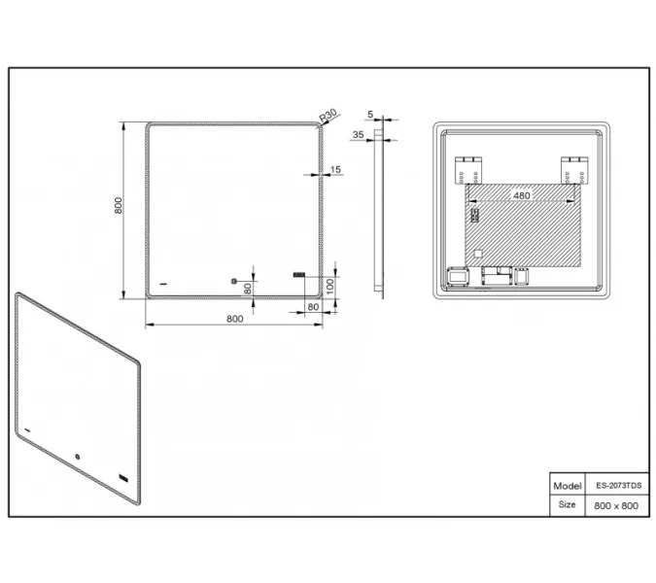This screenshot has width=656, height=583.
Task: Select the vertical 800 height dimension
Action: pos(118,205)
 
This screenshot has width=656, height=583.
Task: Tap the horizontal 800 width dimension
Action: pos(234,318)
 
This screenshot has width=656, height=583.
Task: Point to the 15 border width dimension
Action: pos(336,170)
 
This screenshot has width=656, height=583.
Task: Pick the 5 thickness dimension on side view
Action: pos(371,113)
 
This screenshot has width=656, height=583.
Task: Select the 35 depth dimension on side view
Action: pos(358,135)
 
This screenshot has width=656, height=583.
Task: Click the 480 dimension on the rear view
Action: pos(521,195)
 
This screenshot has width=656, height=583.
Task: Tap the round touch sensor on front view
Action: pos(233,283)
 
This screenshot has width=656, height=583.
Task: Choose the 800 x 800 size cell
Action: pos(616,505)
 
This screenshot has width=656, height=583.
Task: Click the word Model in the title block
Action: pos(567,485)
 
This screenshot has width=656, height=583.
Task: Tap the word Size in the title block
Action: pos(567,505)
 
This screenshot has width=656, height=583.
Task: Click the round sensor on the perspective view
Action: pos(77,454)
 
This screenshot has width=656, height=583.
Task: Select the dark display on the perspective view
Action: pos(122,477)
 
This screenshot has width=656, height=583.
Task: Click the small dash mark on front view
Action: pos(162,283)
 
